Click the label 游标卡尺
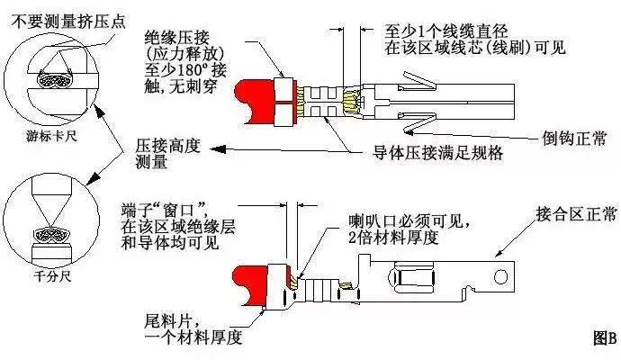(x=43, y=137)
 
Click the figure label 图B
(x=604, y=338)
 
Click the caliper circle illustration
(x=43, y=76)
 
